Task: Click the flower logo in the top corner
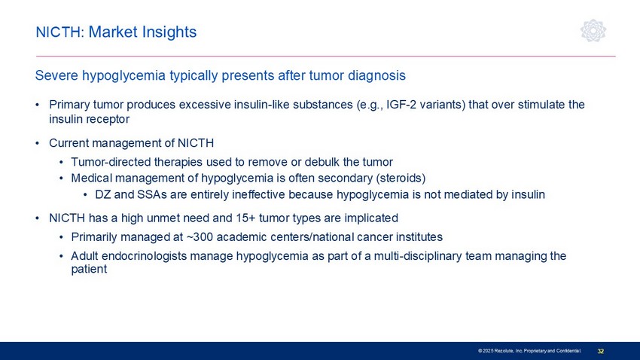point(593,31)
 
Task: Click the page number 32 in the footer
point(601,351)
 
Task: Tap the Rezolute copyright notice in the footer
point(529,351)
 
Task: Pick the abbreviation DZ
point(103,194)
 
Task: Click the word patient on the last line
point(89,270)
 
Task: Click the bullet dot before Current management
point(38,143)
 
